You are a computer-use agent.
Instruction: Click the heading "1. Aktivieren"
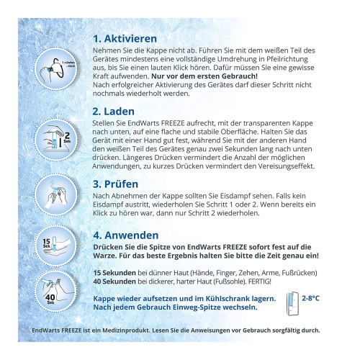125,39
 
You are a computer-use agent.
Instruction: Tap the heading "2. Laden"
114,112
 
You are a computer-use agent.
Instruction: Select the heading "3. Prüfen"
115,184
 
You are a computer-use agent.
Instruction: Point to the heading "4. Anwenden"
126,235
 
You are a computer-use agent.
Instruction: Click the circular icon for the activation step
55,69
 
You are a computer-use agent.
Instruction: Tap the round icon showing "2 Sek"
56,140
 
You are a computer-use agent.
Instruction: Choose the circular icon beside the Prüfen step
56,195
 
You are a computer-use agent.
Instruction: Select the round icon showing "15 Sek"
56,246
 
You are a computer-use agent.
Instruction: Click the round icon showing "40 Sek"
55,292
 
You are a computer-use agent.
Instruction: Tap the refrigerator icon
292,304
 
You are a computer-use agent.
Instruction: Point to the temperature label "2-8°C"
310,298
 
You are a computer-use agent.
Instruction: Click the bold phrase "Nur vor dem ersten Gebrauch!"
204,76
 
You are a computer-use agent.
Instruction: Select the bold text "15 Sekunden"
114,273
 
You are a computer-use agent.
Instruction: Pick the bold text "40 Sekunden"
114,282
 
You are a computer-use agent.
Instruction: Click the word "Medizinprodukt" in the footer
126,330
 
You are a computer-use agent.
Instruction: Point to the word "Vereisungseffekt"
287,166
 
